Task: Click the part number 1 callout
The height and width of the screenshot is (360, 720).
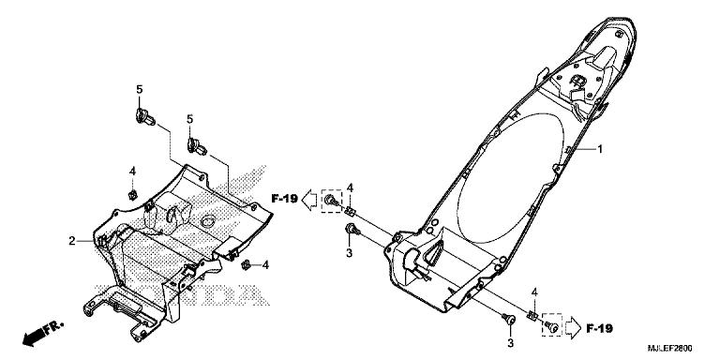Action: (601, 149)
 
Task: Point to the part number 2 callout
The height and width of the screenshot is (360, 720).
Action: (71, 241)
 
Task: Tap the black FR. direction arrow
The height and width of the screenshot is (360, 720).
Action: (35, 332)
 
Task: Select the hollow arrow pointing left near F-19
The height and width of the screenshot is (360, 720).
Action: (309, 199)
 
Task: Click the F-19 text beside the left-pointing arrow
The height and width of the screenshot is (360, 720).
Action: (284, 199)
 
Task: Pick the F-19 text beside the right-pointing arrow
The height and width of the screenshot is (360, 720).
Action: (599, 328)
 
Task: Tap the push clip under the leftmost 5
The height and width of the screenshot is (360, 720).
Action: (142, 116)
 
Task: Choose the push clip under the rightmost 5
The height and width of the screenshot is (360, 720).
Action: (197, 146)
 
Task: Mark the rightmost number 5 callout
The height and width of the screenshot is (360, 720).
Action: (189, 119)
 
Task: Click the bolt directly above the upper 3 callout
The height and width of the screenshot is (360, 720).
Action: (351, 229)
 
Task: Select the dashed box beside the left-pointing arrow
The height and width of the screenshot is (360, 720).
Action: (331, 200)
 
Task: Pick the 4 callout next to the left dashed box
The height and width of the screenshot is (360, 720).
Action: (349, 189)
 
